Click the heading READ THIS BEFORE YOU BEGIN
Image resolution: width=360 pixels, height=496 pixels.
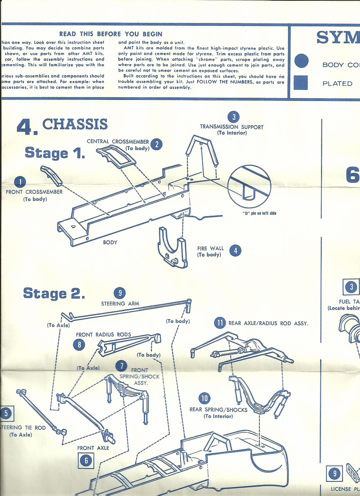[111, 34]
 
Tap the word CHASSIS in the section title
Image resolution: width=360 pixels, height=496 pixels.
[75, 124]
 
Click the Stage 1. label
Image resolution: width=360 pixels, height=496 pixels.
[55, 153]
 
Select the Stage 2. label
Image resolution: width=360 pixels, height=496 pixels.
[54, 293]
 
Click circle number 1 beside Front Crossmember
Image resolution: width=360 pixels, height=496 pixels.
[20, 182]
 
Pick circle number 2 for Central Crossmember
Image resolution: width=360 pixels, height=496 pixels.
[156, 144]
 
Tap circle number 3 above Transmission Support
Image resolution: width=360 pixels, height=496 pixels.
[233, 117]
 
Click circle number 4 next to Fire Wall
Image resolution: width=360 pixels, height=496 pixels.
[235, 250]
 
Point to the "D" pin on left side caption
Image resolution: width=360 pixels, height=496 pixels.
[259, 213]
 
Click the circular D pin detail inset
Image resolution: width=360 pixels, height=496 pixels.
[249, 187]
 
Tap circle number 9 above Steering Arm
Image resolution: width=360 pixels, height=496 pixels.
[120, 293]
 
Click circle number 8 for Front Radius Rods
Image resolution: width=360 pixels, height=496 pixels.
[79, 344]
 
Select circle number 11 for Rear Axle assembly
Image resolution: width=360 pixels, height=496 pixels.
[220, 323]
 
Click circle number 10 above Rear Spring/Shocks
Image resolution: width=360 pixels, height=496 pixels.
[204, 398]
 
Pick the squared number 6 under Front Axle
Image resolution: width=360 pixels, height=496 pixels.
[86, 460]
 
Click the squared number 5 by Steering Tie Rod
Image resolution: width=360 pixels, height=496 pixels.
[6, 413]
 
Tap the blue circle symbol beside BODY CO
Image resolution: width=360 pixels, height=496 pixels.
[301, 61]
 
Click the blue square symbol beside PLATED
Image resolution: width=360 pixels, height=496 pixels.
[301, 83]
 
